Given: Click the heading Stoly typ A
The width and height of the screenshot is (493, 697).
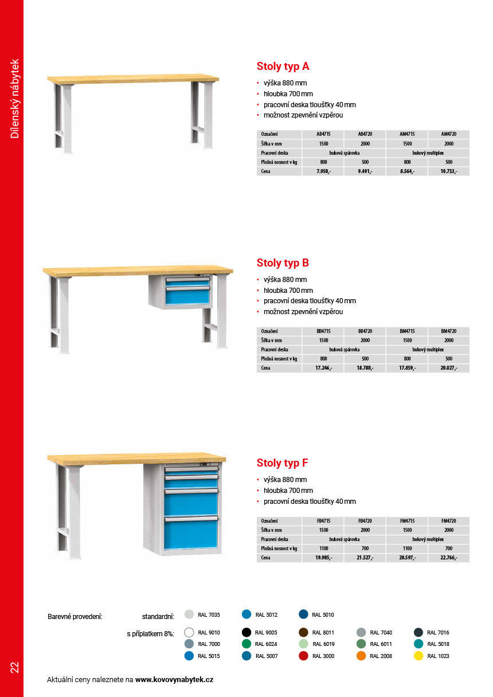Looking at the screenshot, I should point(283,66).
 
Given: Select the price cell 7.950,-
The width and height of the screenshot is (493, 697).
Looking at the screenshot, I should point(323,171).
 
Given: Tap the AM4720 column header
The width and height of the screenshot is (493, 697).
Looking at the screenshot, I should point(448,134).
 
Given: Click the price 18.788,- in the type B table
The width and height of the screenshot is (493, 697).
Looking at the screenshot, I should point(365,368).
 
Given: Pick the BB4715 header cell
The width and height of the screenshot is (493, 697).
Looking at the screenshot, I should point(323,331).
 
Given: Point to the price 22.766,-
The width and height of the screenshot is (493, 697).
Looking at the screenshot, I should point(448,558).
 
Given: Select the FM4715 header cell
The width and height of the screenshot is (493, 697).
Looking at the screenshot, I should point(407,521).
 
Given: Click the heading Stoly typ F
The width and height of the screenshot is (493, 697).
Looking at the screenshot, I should point(283,463).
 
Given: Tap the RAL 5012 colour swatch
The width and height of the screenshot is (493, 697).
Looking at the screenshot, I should point(246,614).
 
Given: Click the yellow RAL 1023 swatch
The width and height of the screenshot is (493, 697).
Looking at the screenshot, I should point(418,656).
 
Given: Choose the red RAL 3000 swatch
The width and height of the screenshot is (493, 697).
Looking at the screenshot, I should point(304,656).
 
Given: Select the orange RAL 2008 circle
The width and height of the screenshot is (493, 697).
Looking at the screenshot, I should point(361,656).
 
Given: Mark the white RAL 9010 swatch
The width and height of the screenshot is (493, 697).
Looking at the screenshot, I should point(189,633).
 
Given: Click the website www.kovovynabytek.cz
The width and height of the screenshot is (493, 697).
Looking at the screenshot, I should point(174,680).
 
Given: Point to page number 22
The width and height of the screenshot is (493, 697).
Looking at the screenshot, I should point(14,667).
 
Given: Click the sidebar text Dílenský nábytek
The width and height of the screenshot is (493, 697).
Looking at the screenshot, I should point(15,98).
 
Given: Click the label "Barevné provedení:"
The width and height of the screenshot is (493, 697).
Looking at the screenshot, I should point(75,617).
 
